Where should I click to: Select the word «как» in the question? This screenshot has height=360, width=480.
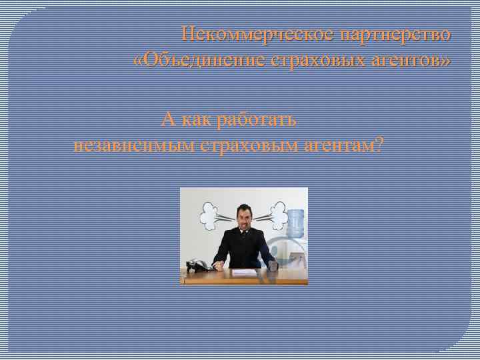[199, 120]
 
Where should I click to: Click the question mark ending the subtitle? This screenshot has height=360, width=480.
[380, 144]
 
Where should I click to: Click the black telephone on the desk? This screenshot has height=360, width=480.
[197, 265]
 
